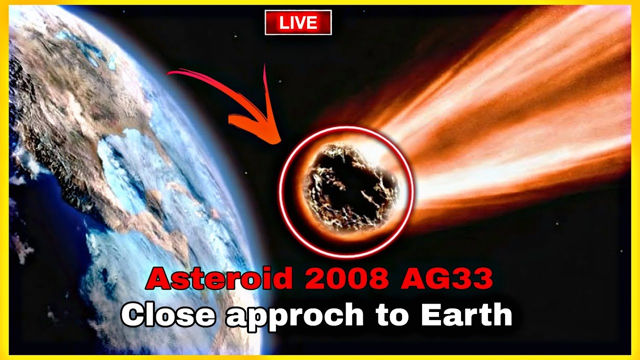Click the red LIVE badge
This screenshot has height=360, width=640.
(x=298, y=23)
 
